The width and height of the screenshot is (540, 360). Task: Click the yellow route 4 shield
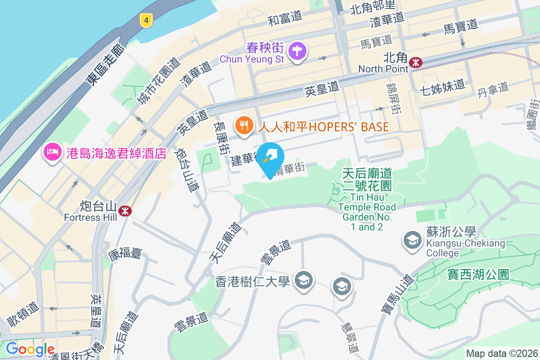click(146, 20)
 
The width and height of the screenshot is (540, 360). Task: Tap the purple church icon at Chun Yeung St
click(297, 49)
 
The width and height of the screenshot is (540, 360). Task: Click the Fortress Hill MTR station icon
click(125, 210)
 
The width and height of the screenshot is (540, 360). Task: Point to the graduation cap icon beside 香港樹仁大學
click(304, 280)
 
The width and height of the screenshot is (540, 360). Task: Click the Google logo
click(31, 349)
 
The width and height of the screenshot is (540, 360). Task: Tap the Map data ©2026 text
click(502, 353)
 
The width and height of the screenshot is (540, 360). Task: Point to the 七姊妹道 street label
click(441, 85)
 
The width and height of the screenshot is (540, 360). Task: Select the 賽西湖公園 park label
click(478, 274)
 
